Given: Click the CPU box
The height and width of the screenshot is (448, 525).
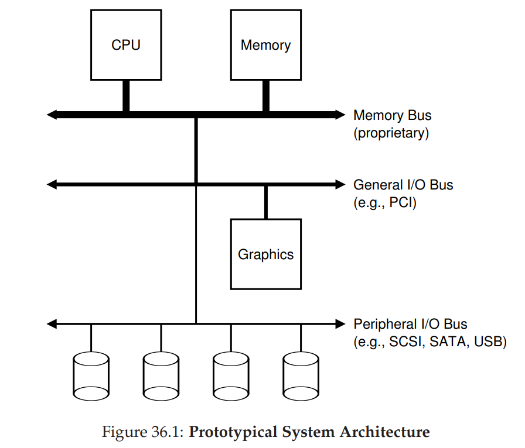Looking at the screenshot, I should click(x=125, y=45).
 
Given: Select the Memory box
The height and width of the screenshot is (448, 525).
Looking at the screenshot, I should click(x=265, y=45).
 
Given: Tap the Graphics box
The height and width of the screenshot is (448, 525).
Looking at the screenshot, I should click(x=265, y=254).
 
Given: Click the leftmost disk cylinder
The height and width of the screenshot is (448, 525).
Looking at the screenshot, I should click(x=91, y=375).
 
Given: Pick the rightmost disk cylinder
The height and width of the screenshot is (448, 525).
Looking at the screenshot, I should click(x=301, y=375).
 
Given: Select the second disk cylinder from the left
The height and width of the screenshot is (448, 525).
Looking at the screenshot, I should click(x=161, y=375).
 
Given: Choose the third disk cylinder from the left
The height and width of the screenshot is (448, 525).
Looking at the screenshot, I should click(x=230, y=375).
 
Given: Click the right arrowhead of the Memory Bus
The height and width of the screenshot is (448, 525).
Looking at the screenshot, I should click(x=340, y=115).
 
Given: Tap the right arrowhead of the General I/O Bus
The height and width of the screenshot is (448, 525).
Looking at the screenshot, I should click(x=340, y=184).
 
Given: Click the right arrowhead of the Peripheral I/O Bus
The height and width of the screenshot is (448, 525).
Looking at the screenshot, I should click(x=340, y=323).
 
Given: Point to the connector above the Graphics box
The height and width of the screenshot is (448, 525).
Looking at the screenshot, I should click(x=265, y=202).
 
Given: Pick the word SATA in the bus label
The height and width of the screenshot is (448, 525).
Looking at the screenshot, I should click(x=447, y=342).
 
